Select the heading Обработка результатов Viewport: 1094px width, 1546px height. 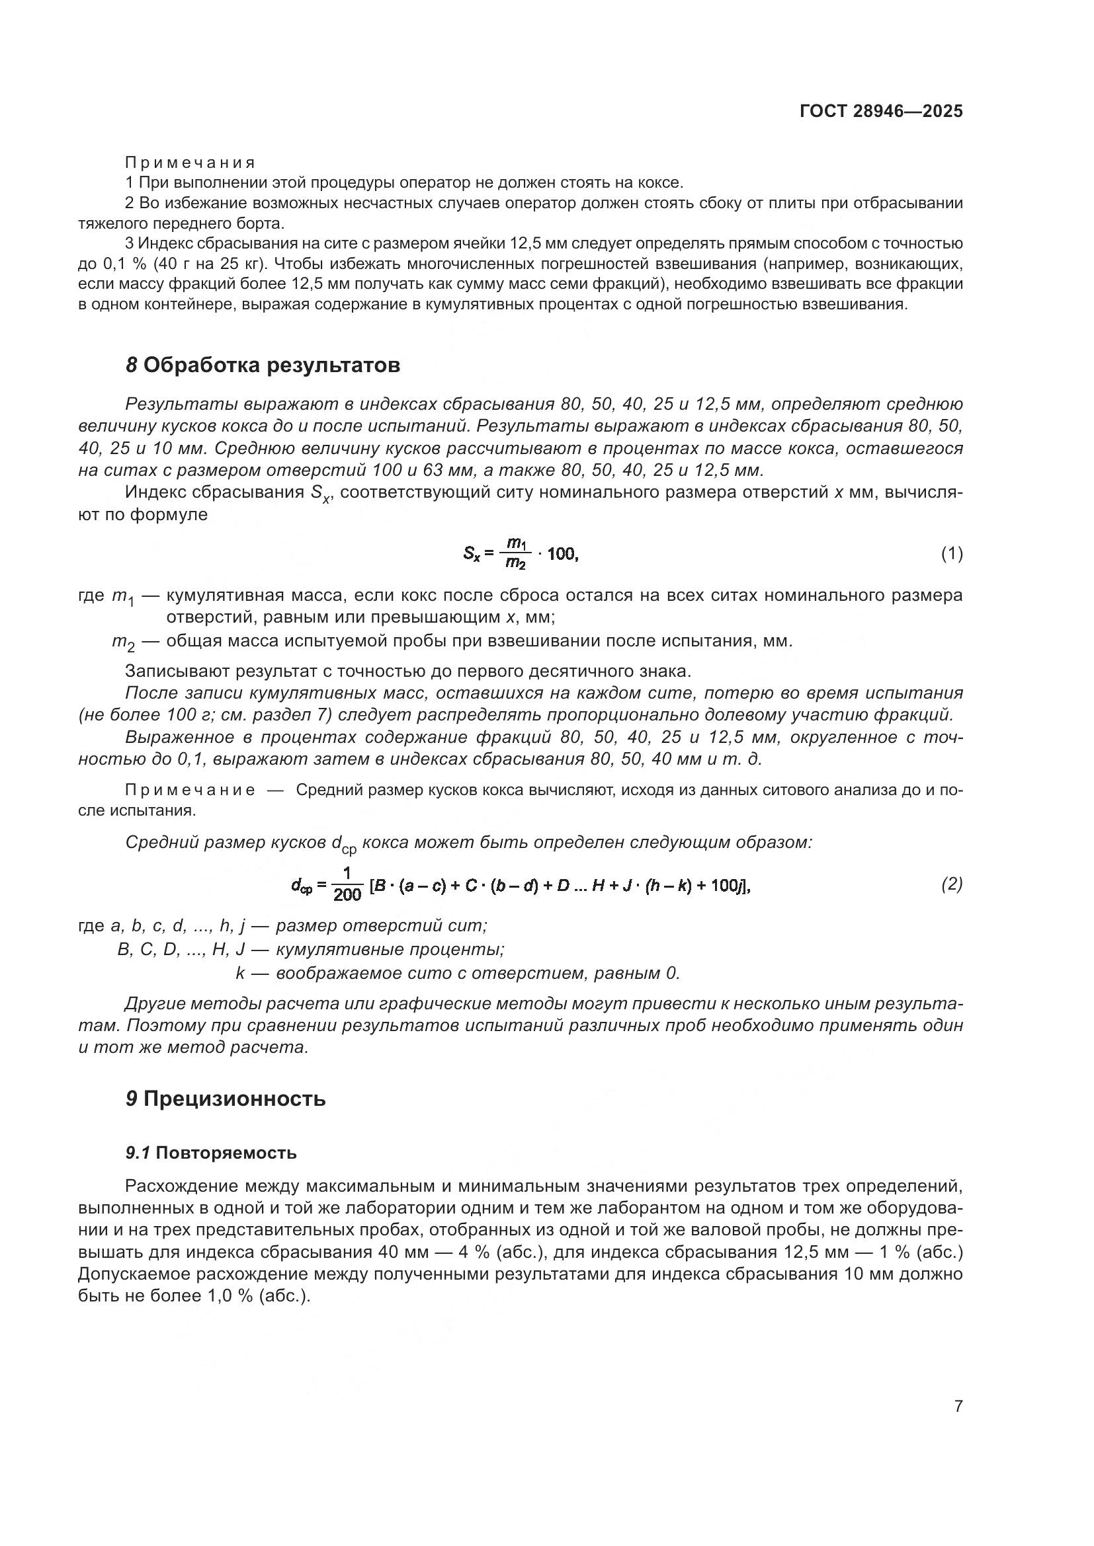click(271, 365)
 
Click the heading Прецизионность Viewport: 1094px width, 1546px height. click(233, 1099)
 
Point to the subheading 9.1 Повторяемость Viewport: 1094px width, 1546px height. click(211, 1153)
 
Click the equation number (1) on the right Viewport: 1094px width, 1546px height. click(951, 554)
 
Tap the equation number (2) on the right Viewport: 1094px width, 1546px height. click(951, 884)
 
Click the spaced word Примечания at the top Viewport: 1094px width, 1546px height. click(190, 163)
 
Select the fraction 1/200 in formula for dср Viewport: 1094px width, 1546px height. click(347, 884)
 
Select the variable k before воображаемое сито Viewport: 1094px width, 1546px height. click(240, 973)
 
